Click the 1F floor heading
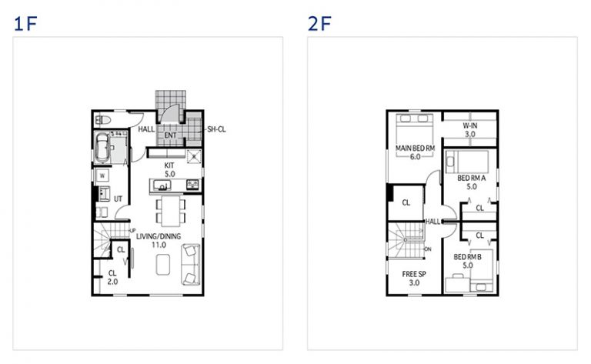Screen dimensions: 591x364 [25, 24]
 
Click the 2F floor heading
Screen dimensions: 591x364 [319, 24]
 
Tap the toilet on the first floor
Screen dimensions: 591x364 [102, 120]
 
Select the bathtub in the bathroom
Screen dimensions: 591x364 [102, 147]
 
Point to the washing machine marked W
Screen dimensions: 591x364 [102, 175]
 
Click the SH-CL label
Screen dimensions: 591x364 [216, 129]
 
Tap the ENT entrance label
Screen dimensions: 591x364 [170, 135]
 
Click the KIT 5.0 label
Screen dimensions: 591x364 [169, 169]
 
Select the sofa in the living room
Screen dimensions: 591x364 [191, 265]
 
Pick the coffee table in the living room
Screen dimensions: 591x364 [163, 265]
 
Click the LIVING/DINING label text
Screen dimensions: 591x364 [159, 236]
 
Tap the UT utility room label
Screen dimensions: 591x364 [118, 199]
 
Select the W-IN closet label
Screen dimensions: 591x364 [470, 126]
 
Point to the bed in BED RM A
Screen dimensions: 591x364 [467, 162]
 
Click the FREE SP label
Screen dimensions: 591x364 [414, 274]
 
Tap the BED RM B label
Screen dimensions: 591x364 [467, 257]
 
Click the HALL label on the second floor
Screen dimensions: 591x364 [432, 222]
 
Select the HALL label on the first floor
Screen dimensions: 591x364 [146, 129]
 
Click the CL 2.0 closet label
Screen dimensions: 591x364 [112, 277]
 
